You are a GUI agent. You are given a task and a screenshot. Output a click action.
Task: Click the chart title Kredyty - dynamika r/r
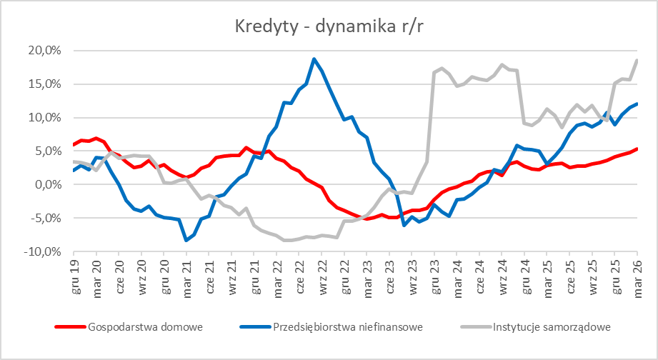tap(329, 26)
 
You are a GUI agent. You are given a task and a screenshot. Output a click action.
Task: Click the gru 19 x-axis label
tap(74, 276)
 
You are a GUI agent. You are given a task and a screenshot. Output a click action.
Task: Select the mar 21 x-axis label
tap(186, 276)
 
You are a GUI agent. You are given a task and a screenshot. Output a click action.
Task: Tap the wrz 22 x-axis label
tap(321, 276)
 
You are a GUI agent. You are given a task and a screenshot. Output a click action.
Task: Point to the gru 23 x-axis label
tap(434, 276)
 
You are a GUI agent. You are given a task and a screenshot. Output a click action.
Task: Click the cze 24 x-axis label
tap(479, 276)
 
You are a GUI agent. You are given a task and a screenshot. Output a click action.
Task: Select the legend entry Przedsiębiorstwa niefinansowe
tap(348, 328)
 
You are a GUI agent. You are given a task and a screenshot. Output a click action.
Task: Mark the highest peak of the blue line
tap(314, 59)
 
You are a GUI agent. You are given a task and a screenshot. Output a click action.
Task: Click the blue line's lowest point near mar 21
tap(186, 241)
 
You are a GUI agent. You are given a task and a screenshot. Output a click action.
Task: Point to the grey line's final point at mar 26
tap(637, 60)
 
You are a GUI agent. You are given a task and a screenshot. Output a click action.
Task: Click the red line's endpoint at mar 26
tap(637, 149)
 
